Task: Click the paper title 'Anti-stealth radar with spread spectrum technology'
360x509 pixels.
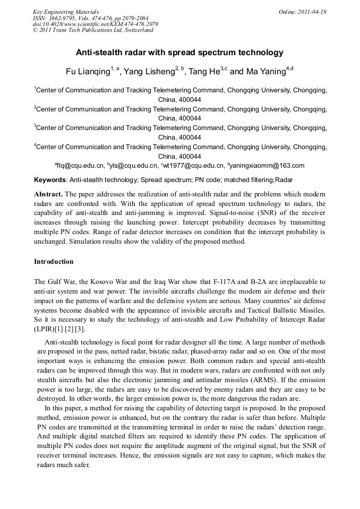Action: coord(179,53)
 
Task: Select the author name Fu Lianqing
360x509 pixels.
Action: coord(87,72)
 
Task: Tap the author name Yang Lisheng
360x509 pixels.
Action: coord(151,72)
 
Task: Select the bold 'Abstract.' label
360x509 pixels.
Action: coord(48,194)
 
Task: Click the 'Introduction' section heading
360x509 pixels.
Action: coord(54,262)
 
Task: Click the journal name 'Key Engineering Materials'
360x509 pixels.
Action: coord(65,12)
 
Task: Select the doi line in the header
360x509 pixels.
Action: coord(95,24)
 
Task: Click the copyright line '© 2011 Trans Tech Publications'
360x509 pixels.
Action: coord(93,30)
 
